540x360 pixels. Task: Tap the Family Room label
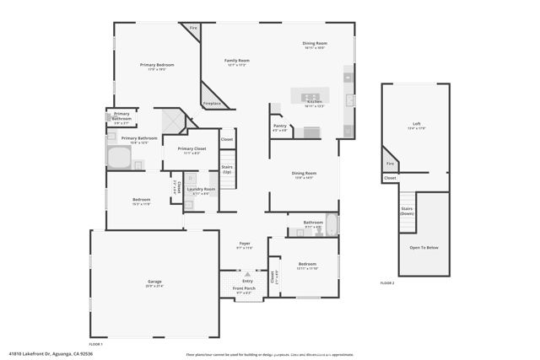point(236,61)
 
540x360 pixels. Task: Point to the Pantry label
point(279,126)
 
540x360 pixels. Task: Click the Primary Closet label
point(188,148)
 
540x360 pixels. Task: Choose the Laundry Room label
point(201,190)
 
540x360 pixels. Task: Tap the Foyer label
point(243,243)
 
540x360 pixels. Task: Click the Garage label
point(154,282)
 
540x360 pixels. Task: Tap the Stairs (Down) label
point(407,211)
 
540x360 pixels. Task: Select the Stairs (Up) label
point(227,169)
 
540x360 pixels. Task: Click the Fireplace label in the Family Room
point(213,103)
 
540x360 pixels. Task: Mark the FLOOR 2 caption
point(387,282)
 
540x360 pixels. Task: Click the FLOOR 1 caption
point(96,344)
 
